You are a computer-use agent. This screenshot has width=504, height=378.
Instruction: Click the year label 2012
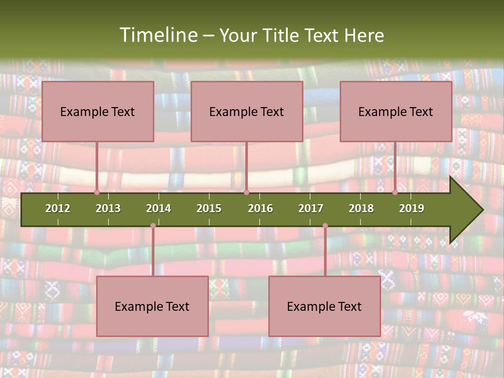58,208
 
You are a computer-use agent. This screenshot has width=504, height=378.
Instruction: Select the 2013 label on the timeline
108,208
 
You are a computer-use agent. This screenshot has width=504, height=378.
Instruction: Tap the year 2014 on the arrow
159,208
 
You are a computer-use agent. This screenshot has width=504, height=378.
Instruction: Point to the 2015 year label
209,208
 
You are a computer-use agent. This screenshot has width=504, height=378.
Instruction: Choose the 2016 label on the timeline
260,208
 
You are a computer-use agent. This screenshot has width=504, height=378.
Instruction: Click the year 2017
311,208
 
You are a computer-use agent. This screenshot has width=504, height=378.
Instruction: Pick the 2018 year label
361,208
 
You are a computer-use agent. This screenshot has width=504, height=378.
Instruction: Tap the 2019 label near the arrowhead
412,208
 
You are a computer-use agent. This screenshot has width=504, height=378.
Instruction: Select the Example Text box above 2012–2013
98,111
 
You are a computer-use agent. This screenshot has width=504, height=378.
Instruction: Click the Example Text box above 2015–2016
247,111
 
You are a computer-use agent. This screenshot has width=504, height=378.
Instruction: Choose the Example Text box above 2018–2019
396,111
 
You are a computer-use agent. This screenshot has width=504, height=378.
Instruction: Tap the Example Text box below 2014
152,307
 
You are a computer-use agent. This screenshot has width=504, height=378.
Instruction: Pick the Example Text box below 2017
324,307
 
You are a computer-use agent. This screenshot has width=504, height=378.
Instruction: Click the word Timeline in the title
157,35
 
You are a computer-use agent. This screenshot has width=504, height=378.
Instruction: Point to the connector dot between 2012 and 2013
97,192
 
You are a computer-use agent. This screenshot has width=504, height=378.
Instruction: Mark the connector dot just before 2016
246,192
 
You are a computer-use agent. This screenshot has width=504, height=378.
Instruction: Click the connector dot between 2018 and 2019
395,192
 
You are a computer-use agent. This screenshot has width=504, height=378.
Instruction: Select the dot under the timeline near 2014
153,226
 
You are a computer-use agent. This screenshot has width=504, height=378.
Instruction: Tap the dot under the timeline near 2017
325,226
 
